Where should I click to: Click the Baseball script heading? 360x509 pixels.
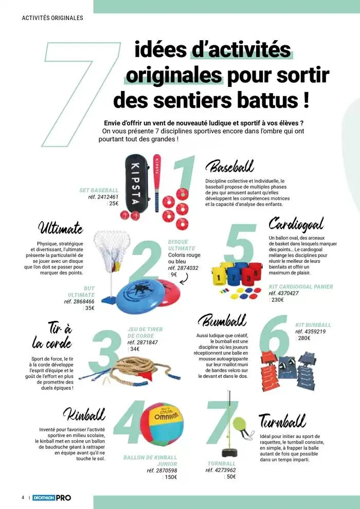coord(229,167)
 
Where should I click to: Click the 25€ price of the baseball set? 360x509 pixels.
coord(114,204)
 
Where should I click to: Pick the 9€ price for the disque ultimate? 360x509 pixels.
coord(174,275)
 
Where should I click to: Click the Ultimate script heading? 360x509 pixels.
coord(60,227)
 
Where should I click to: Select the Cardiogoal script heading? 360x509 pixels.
coord(296,224)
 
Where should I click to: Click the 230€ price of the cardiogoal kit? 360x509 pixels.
coord(278,300)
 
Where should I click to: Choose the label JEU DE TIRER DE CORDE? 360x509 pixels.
coord(145,333)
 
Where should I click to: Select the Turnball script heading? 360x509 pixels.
coord(282,422)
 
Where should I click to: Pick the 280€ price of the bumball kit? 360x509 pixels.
coord(304,338)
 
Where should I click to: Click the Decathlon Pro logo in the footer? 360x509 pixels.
coord(52,498)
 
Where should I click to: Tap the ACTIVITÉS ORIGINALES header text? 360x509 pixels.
coord(52,18)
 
